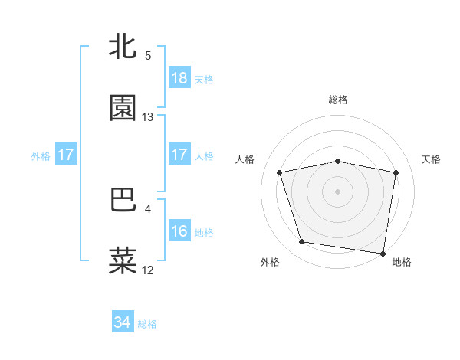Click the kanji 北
coord(123,47)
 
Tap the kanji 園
coord(123,108)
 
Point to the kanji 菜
coord(123,260)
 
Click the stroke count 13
coord(148,117)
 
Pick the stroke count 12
coord(148,270)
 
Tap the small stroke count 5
coord(148,56)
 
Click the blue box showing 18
coord(179,78)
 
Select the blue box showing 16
coord(179,231)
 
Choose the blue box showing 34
coord(123,323)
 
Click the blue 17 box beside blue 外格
coord(66,155)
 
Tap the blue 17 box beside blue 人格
coord(179,155)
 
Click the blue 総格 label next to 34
coord(147,324)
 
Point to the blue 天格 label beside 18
coord(204,79)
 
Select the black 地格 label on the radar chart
coord(402,263)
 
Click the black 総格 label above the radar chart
coord(338,100)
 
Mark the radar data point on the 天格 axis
coord(396,172)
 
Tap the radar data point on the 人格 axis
coord(280,172)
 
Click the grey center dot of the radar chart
coord(338,191)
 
